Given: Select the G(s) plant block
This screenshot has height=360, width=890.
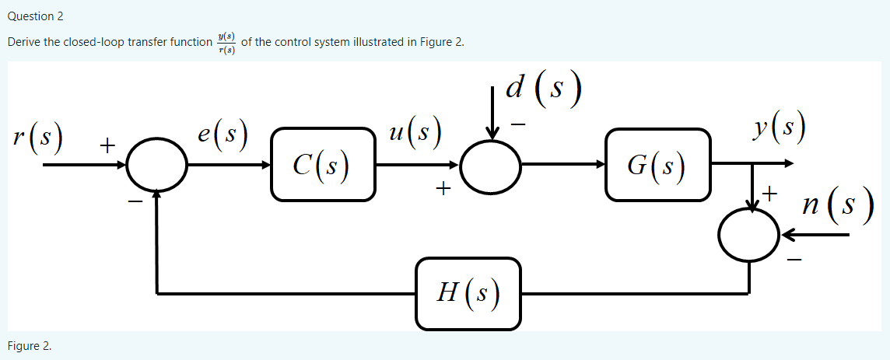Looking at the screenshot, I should click(x=657, y=164).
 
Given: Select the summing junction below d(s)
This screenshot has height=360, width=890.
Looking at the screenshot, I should click(x=490, y=165).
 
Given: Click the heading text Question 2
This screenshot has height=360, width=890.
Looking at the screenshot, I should click(x=35, y=16).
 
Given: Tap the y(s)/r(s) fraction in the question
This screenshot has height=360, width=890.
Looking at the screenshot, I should click(x=227, y=43).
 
